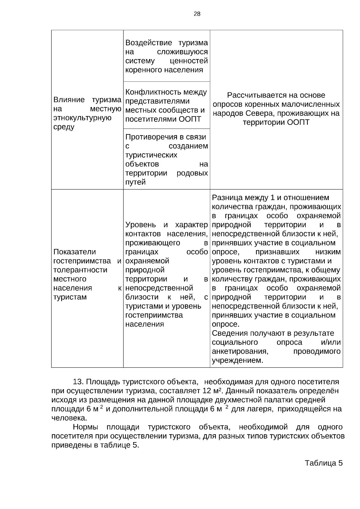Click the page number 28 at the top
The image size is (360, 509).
(x=197, y=14)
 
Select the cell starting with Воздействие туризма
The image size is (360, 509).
(x=166, y=56)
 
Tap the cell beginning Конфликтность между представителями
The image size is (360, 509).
(x=166, y=105)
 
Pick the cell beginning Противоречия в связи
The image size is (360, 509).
(x=166, y=159)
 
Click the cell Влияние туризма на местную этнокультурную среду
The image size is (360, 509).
(x=87, y=113)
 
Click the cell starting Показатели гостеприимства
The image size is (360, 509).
(x=87, y=274)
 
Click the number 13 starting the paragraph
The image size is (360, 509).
(x=78, y=382)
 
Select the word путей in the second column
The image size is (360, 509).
(x=135, y=182)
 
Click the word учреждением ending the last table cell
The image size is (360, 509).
(x=237, y=360)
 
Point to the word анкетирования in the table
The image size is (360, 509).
(x=240, y=351)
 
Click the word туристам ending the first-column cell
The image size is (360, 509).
(x=70, y=297)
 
